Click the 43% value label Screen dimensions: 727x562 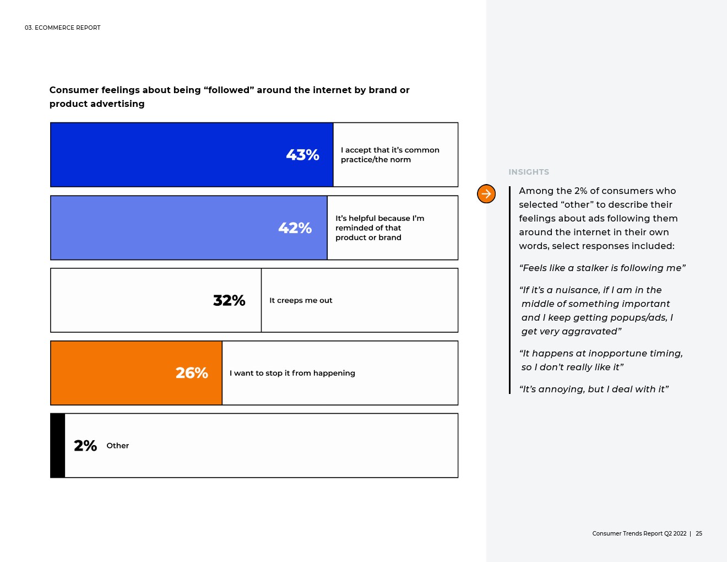[302, 155]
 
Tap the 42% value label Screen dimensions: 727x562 [295, 228]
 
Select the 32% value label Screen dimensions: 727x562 [229, 300]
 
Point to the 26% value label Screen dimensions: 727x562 [192, 373]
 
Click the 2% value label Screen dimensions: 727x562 [85, 446]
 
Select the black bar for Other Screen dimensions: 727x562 [57, 446]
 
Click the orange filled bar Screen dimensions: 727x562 [136, 373]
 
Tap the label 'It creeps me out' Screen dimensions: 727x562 [301, 300]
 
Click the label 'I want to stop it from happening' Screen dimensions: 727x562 [292, 373]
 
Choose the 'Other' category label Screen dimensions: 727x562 [117, 446]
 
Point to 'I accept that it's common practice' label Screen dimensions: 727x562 [390, 155]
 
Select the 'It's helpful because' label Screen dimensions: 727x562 [379, 228]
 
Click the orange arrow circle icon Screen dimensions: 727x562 [486, 193]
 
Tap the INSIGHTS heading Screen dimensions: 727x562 [529, 172]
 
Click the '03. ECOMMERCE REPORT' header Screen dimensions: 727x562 [63, 28]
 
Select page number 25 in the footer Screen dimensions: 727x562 [699, 533]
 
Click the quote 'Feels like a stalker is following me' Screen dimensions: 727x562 [602, 268]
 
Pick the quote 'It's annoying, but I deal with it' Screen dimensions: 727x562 [594, 389]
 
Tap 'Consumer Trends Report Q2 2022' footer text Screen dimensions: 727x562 [639, 533]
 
